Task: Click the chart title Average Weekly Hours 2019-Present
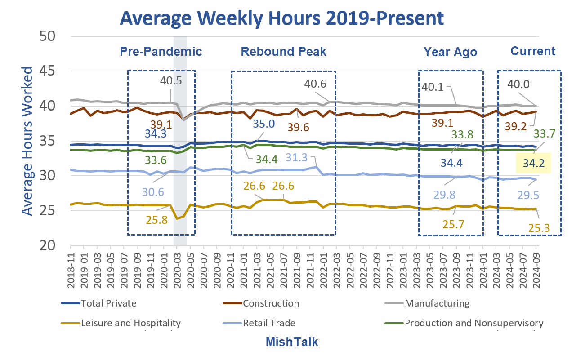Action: point(281,18)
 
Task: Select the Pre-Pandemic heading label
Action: point(161,51)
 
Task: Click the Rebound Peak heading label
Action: point(283,51)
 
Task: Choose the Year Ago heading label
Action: point(450,52)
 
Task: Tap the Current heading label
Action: point(533,51)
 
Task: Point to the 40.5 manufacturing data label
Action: point(171,81)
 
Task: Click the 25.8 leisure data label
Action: point(157,220)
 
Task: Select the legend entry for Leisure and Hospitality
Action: point(131,323)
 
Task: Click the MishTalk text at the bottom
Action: point(291,342)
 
